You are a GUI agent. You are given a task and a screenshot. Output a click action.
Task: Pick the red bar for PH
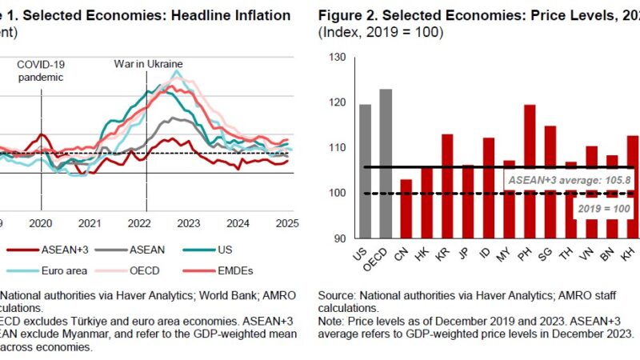(530, 171)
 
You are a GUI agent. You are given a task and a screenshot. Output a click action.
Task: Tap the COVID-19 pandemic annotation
(41, 70)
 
